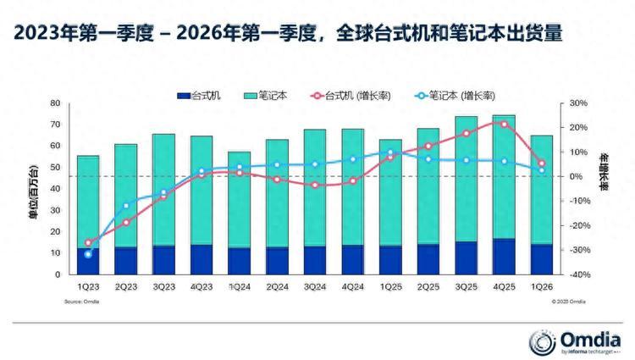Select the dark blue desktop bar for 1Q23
point(88,261)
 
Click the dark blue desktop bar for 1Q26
point(542,259)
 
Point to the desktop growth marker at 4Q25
point(505,125)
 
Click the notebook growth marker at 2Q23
point(125,206)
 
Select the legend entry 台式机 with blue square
point(202,96)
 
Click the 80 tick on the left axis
point(55,103)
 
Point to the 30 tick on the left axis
point(55,211)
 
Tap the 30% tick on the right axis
point(578,103)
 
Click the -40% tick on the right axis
point(578,275)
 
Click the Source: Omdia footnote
point(82,302)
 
